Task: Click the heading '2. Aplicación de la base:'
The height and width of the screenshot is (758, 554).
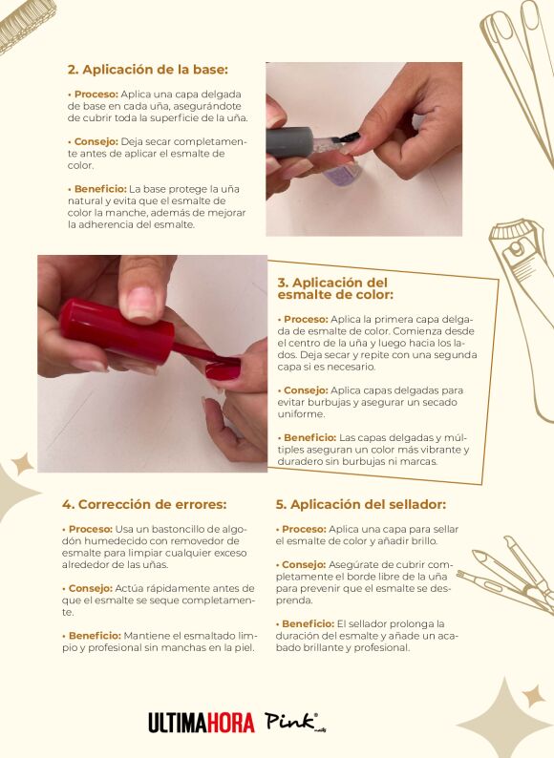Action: (x=147, y=70)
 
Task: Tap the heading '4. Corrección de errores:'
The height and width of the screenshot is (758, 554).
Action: (x=143, y=504)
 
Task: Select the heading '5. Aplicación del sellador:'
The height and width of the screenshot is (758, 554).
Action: (x=360, y=504)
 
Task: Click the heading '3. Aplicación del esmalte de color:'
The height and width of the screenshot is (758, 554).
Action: (x=334, y=289)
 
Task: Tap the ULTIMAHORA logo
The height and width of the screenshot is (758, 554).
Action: (x=202, y=723)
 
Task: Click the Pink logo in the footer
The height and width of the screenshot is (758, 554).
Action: (x=292, y=723)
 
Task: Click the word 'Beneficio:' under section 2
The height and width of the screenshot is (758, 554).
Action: (x=98, y=189)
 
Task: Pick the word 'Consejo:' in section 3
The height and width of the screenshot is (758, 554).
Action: (x=304, y=390)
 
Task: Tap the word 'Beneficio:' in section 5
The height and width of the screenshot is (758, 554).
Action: (x=307, y=622)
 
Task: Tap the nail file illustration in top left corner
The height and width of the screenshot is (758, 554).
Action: (x=24, y=24)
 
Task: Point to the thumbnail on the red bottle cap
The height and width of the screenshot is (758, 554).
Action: (x=141, y=302)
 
